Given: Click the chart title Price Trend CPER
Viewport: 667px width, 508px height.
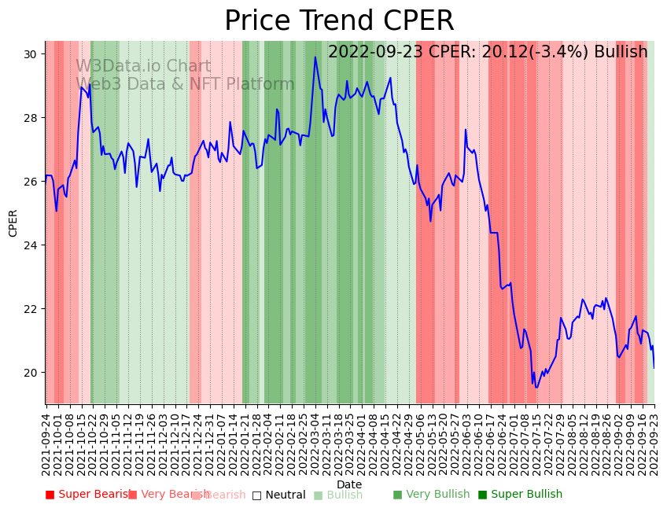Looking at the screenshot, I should pyautogui.click(x=339, y=21).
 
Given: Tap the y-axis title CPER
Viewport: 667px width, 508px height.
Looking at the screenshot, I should pyautogui.click(x=13, y=223).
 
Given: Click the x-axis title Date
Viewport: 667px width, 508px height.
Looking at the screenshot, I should pyautogui.click(x=349, y=484).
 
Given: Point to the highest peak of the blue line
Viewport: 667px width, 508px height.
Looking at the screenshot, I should pyautogui.click(x=315, y=57).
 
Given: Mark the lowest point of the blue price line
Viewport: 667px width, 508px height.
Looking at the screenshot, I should pyautogui.click(x=536, y=387).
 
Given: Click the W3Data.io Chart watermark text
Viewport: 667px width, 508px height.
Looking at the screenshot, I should pyautogui.click(x=143, y=67).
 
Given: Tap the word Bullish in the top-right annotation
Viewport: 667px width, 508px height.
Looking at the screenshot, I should pyautogui.click(x=621, y=52).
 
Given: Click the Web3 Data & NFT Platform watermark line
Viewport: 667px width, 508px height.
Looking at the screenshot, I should pyautogui.click(x=185, y=84).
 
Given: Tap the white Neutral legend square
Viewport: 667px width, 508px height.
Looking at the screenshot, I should pyautogui.click(x=256, y=495).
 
